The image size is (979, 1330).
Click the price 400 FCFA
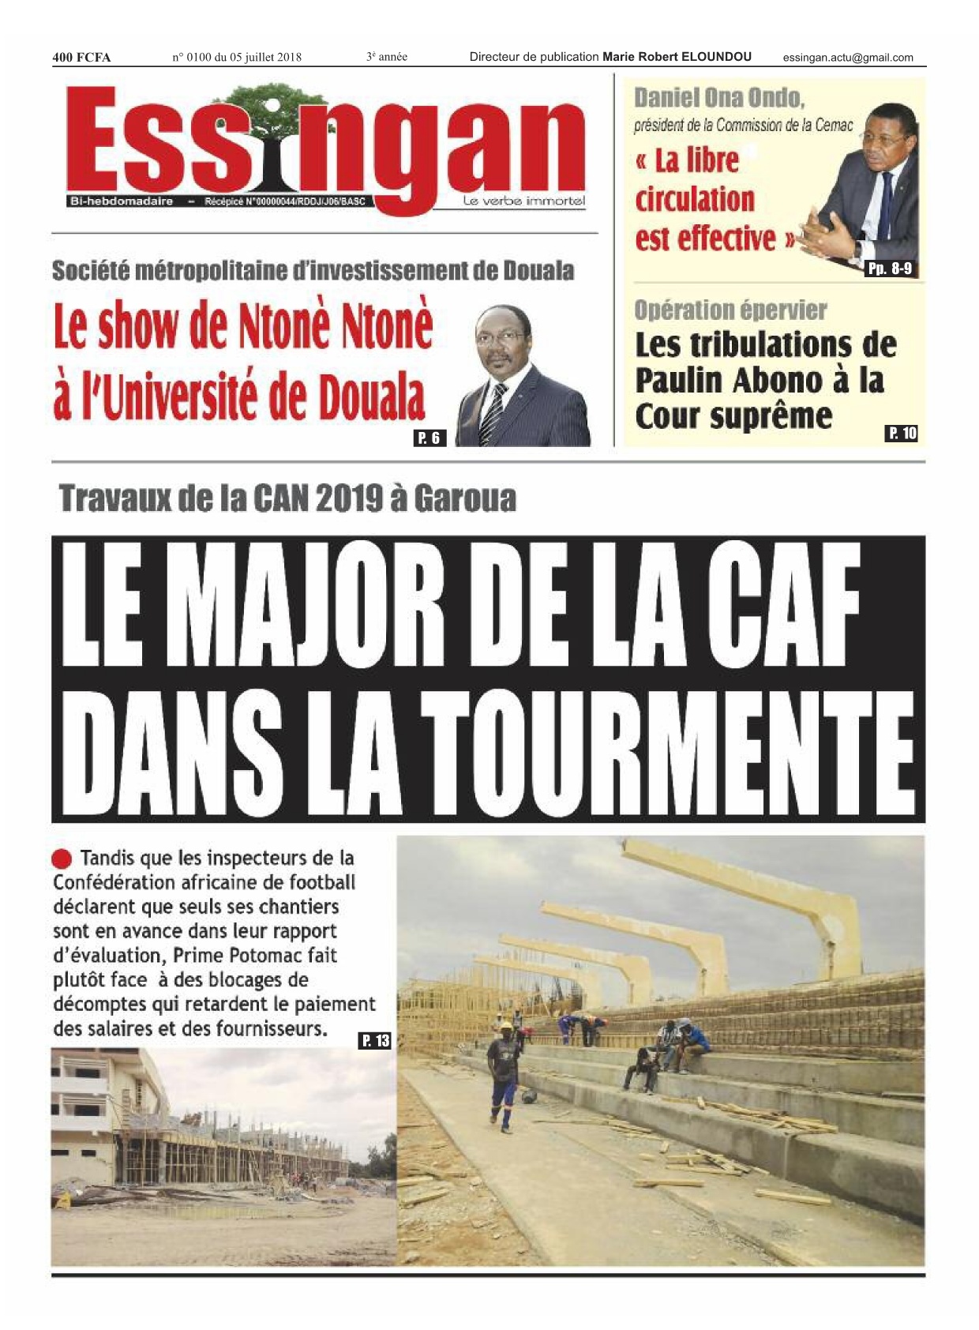pyautogui.click(x=81, y=57)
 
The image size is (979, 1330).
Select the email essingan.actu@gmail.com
pyautogui.click(x=848, y=57)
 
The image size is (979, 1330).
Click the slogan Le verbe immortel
pyautogui.click(x=524, y=201)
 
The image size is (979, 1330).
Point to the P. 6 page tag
pyautogui.click(x=429, y=438)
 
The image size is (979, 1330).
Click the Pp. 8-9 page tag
pyautogui.click(x=890, y=269)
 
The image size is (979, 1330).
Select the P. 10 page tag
pyautogui.click(x=902, y=433)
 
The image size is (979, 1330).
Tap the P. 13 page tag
pyautogui.click(x=375, y=1040)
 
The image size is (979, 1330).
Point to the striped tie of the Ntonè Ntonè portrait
pyautogui.click(x=493, y=411)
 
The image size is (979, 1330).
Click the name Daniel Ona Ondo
pyautogui.click(x=719, y=98)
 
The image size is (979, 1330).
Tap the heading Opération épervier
pyautogui.click(x=730, y=310)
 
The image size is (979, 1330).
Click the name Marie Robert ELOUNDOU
pyautogui.click(x=677, y=57)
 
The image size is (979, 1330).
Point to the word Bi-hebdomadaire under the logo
pyautogui.click(x=122, y=201)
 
